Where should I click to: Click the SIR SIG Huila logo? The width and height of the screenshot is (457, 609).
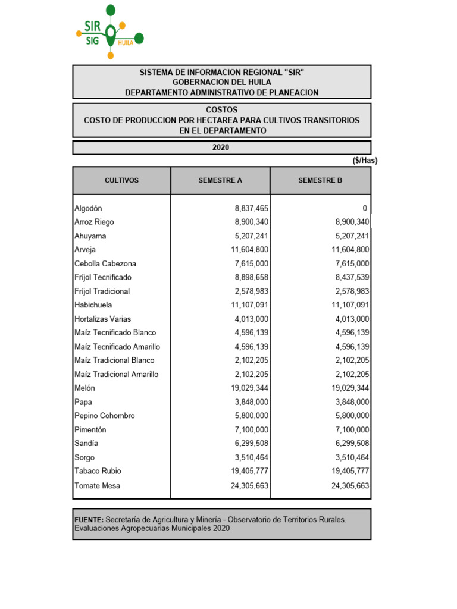click(x=110, y=32)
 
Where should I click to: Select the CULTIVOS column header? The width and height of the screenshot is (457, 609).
click(x=121, y=180)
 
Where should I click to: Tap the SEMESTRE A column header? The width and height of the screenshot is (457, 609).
click(x=220, y=180)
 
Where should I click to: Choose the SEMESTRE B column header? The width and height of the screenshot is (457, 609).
click(x=320, y=180)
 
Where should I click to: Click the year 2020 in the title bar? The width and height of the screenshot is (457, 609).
click(x=221, y=147)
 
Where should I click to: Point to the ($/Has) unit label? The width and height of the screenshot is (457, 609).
click(x=365, y=161)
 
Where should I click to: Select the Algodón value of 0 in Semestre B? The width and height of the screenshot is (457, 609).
click(x=365, y=208)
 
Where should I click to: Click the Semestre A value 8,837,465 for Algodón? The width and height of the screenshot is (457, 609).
click(x=251, y=208)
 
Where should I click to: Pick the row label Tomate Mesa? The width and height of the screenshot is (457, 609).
click(x=97, y=485)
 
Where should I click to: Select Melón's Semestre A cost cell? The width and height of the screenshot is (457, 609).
click(x=249, y=388)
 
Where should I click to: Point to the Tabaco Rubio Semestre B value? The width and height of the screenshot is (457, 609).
click(x=350, y=471)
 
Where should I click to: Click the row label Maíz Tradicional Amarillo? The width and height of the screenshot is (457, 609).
click(x=116, y=374)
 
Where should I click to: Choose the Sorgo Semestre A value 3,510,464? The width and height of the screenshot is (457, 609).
click(x=251, y=457)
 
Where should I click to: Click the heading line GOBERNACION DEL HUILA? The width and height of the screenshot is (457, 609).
click(x=221, y=82)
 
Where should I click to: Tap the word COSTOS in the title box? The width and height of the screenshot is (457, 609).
click(x=221, y=110)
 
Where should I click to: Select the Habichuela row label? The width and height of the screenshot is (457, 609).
click(x=93, y=305)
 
